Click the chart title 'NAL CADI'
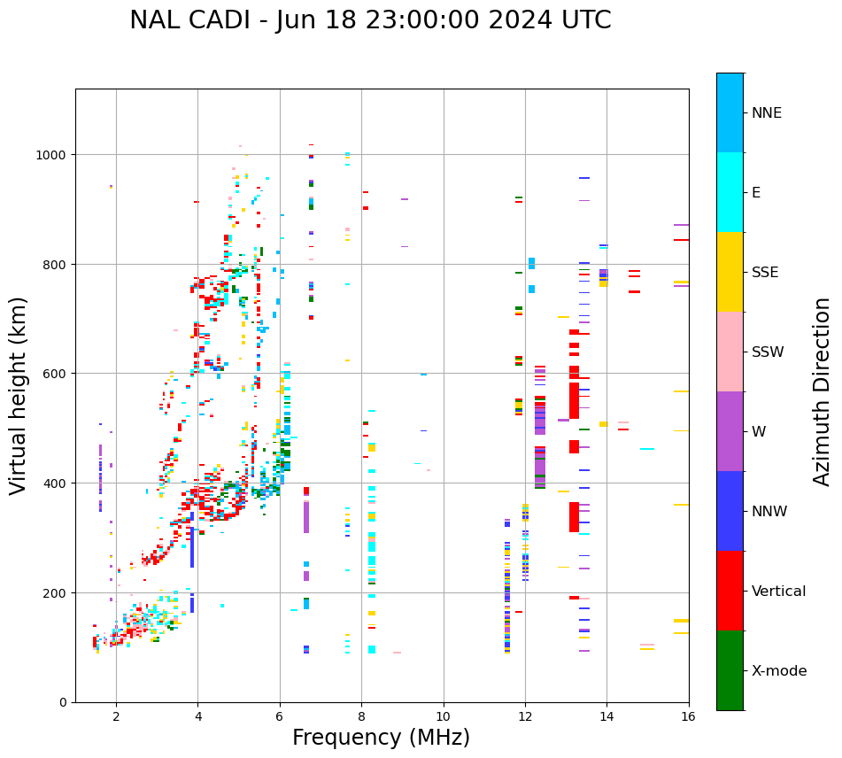click(198, 20)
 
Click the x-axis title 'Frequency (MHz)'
click(381, 738)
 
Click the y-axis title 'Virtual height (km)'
click(19, 395)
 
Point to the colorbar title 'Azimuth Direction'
click(823, 391)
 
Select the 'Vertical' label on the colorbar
click(778, 592)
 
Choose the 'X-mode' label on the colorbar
click(779, 671)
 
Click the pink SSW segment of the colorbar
click(730, 352)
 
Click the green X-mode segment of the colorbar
click(730, 670)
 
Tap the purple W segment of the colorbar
click(730, 431)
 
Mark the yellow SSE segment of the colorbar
click(730, 272)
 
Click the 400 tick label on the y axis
click(55, 483)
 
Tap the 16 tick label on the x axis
click(689, 717)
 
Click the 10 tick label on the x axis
click(443, 717)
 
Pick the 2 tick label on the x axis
click(116, 717)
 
